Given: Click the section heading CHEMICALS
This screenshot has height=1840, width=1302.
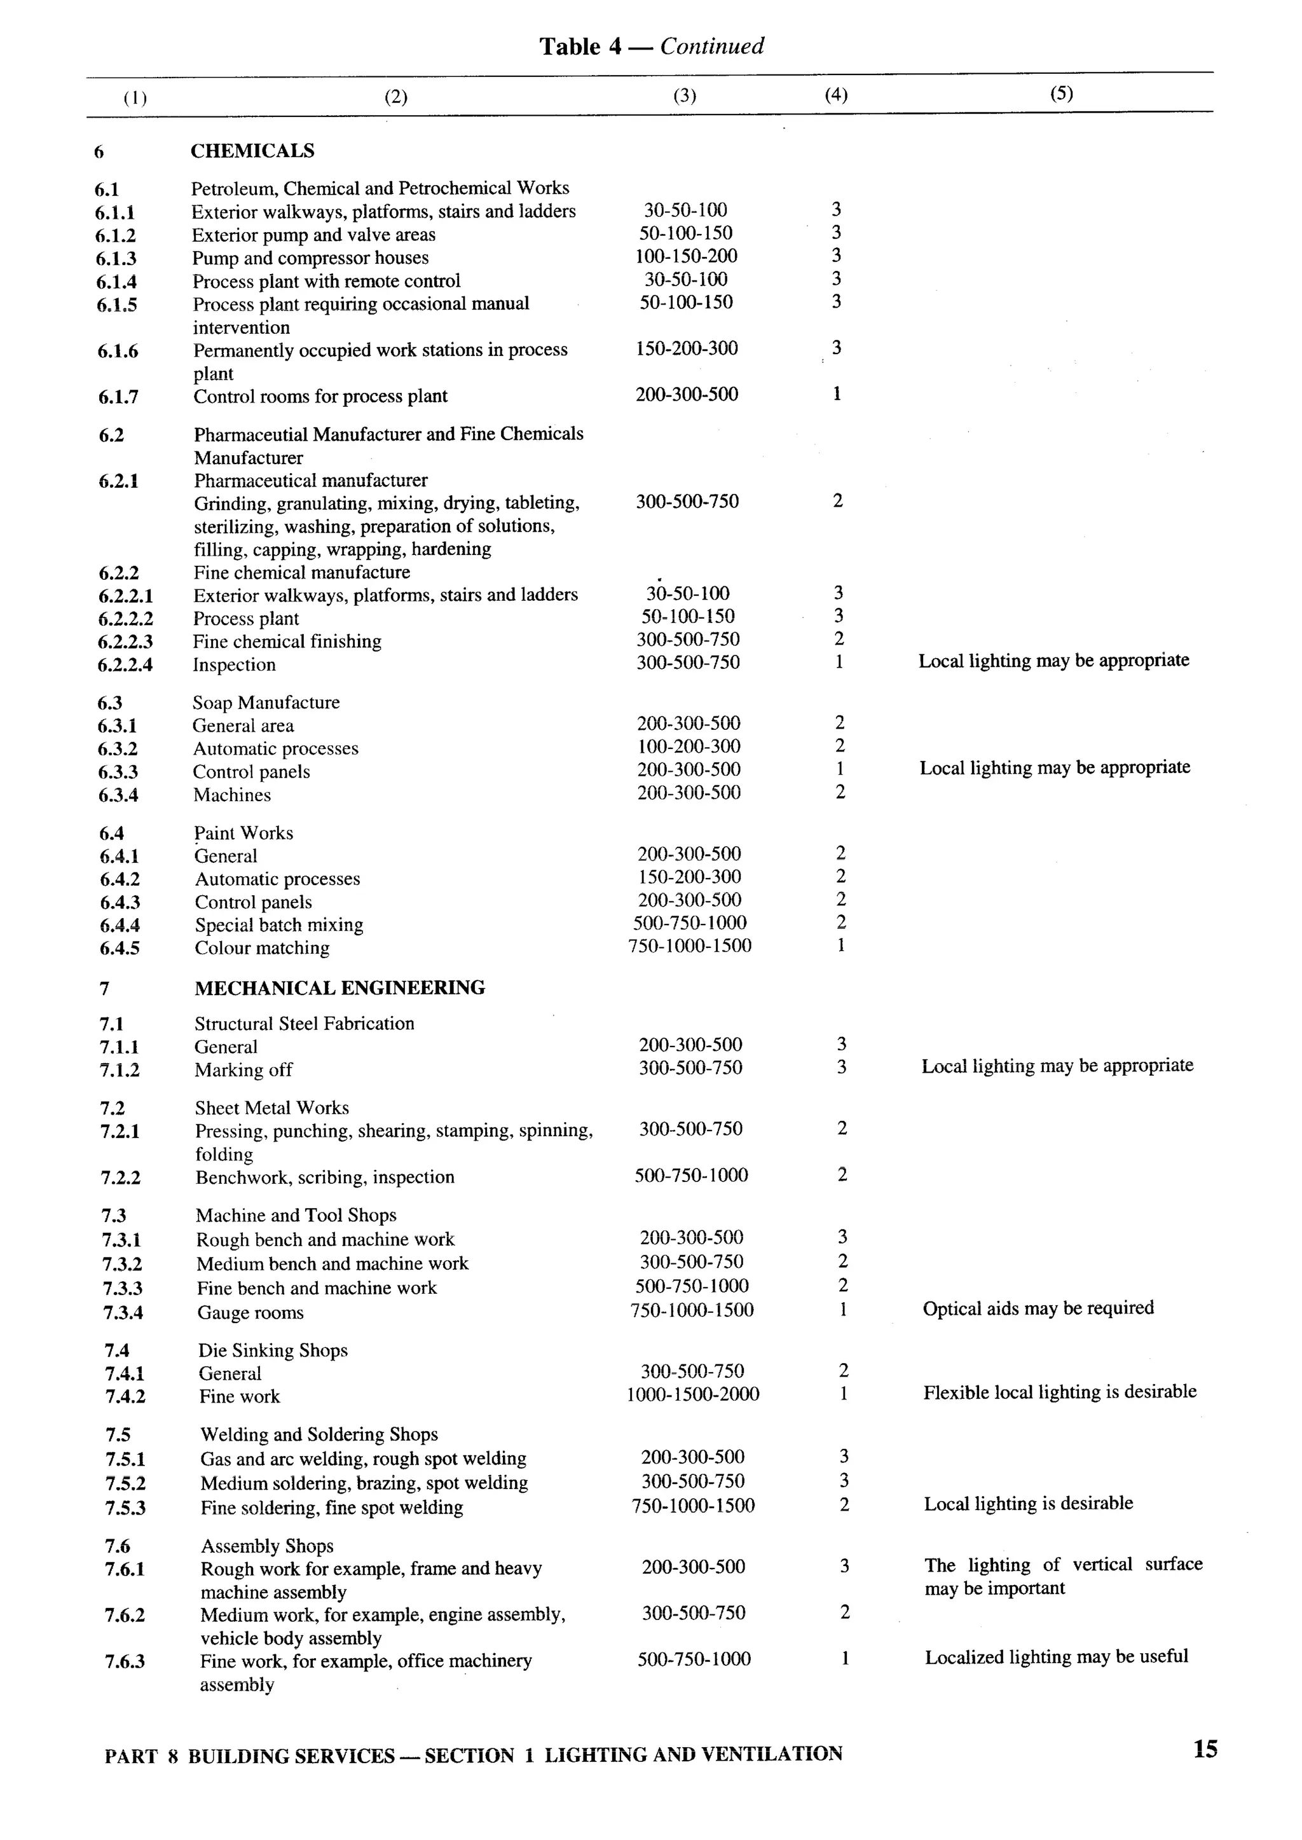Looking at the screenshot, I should click(x=252, y=151).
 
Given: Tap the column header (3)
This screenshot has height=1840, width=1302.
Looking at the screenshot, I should click(x=684, y=95).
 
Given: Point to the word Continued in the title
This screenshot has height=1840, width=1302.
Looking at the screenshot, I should click(x=712, y=46).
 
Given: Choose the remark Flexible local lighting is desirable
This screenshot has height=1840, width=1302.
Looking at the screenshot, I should click(x=1059, y=1392).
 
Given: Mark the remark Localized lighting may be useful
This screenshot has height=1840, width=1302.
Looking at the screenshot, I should click(x=1056, y=1656).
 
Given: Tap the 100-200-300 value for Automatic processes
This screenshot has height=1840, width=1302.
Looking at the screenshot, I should click(x=688, y=746).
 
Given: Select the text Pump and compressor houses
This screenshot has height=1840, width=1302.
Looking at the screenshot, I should click(x=310, y=258).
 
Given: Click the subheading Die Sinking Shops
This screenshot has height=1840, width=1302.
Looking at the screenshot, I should click(x=273, y=1350).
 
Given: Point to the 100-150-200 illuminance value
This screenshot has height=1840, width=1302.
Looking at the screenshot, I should click(x=685, y=257).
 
